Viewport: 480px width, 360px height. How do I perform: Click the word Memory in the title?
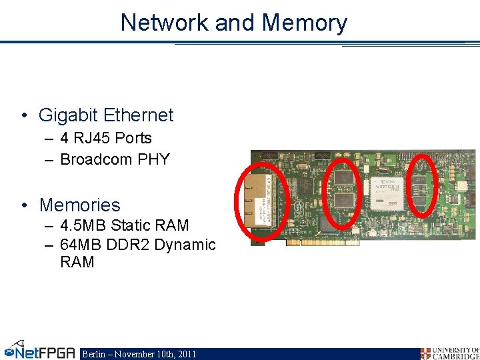(x=305, y=23)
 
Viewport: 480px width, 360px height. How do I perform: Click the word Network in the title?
(x=165, y=23)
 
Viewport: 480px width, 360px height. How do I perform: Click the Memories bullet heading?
(x=79, y=205)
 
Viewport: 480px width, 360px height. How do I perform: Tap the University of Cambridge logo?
(x=449, y=353)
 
